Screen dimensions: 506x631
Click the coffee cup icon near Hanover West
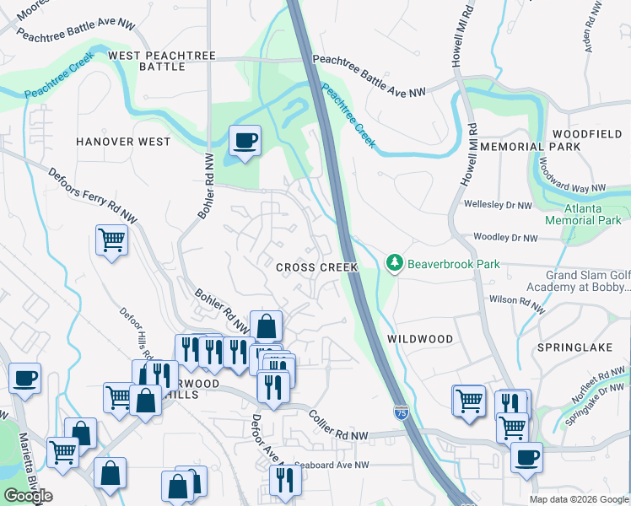click(x=245, y=140)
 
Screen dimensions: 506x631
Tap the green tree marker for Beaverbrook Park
click(x=394, y=264)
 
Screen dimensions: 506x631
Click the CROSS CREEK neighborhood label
click(x=317, y=267)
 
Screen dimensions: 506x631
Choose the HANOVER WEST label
click(x=122, y=142)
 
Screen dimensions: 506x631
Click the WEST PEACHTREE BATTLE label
click(x=162, y=61)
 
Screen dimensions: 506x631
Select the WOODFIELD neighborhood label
click(x=587, y=134)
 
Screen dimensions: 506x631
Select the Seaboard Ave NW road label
click(x=332, y=466)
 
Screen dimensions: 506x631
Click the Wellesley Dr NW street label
click(x=498, y=205)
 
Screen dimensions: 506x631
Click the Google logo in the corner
click(x=29, y=496)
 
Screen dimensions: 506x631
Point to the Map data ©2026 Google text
click(x=579, y=499)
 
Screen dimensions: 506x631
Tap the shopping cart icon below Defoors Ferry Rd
click(x=111, y=241)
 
